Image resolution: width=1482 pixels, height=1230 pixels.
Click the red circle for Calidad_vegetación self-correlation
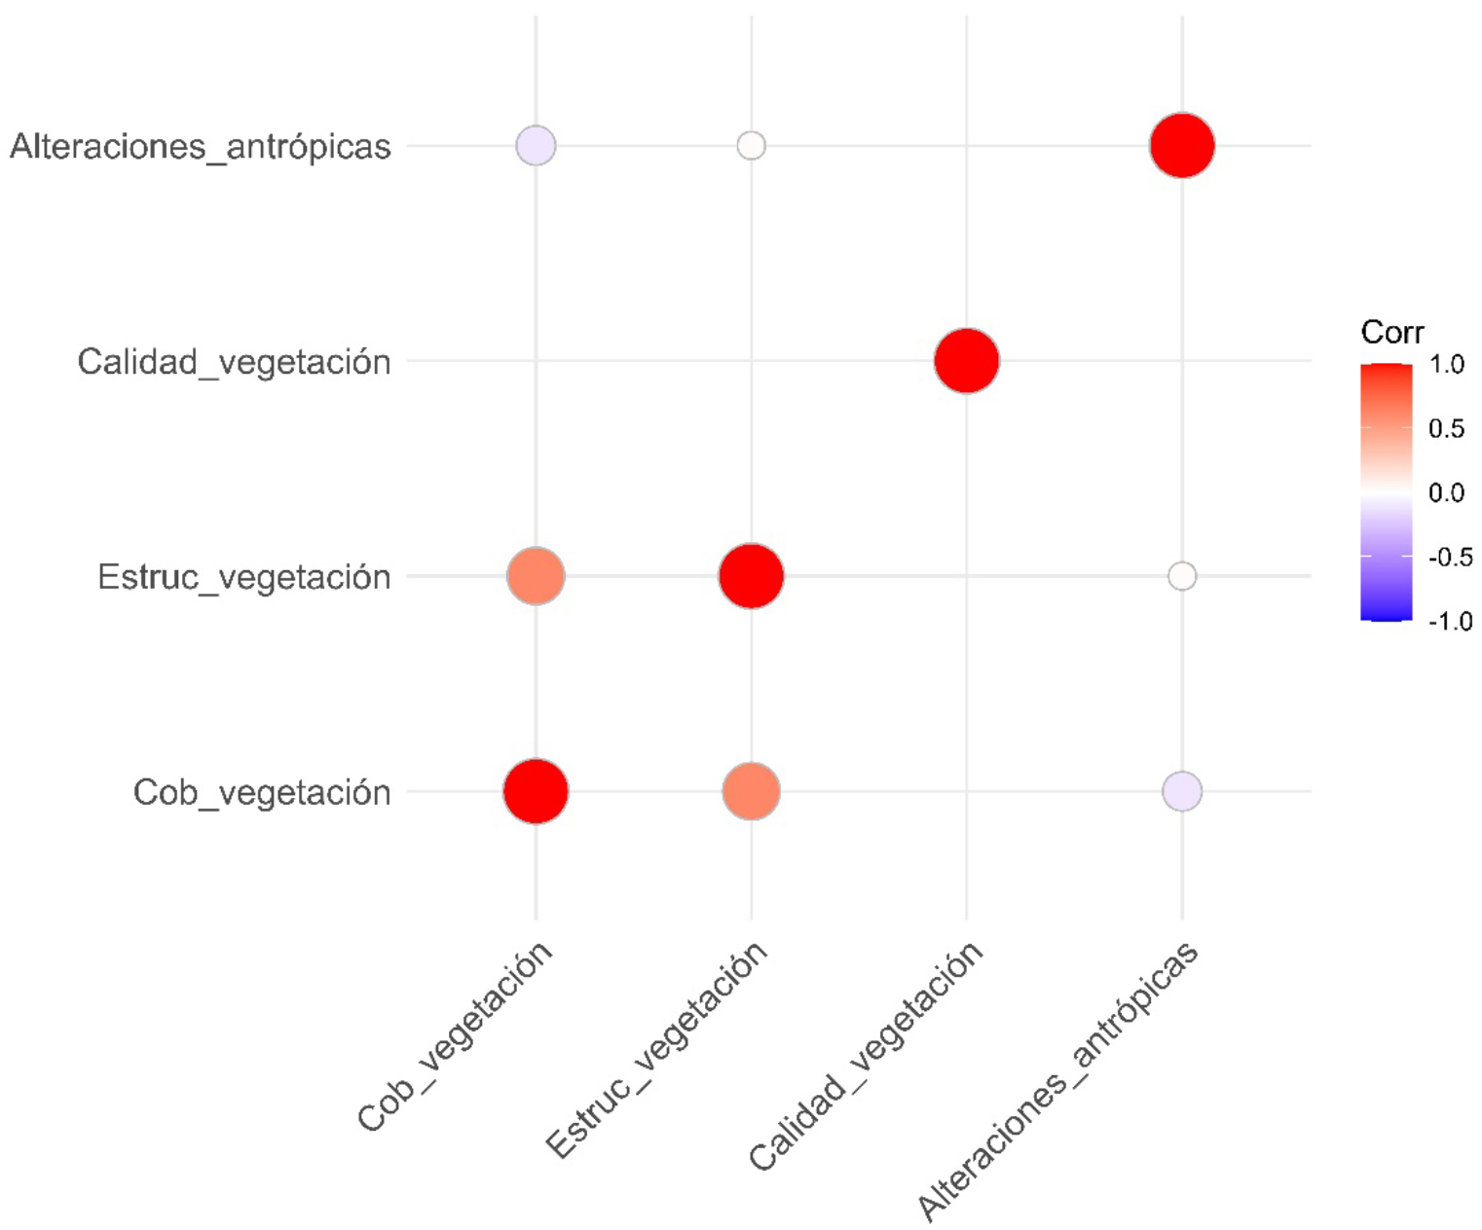click(966, 361)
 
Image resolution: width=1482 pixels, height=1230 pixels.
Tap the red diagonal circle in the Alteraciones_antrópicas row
click(1181, 146)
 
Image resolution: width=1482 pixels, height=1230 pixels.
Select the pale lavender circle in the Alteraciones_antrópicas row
click(536, 146)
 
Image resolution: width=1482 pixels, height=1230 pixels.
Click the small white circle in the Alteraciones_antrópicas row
click(751, 146)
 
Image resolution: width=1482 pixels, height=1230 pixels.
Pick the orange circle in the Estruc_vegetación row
click(536, 576)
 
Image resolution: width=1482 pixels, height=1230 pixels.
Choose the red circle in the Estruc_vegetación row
click(751, 576)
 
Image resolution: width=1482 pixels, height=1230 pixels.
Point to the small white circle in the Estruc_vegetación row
click(1181, 576)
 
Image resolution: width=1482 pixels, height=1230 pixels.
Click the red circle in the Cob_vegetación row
click(536, 791)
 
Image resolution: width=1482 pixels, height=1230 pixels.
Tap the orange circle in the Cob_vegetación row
click(751, 791)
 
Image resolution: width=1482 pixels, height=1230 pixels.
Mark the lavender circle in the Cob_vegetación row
click(1181, 791)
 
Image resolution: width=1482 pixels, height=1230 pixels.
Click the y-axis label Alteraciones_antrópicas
click(201, 147)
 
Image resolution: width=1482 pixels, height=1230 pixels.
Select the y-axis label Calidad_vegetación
click(234, 362)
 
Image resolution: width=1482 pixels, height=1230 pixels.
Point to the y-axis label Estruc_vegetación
click(243, 577)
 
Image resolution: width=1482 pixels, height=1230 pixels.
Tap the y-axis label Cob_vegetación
click(261, 792)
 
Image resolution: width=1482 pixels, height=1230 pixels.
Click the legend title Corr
click(1391, 333)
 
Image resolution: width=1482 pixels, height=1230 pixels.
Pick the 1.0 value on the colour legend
click(1447, 365)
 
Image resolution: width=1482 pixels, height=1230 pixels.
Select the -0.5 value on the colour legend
click(1449, 558)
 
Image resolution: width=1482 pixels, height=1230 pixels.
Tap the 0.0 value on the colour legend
click(1447, 493)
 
